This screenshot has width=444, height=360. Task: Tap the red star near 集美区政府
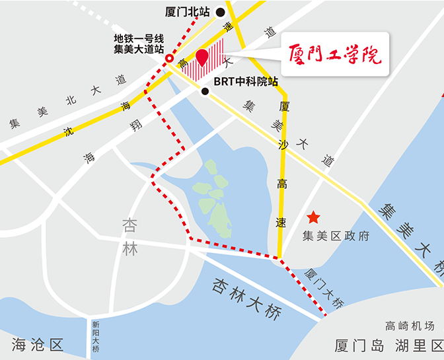click(x=313, y=217)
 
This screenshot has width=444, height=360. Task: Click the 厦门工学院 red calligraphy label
click(x=336, y=54)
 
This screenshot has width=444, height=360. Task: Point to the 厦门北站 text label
click(x=188, y=11)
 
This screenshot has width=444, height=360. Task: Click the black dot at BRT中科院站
click(x=205, y=92)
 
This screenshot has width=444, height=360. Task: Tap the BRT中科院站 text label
click(x=246, y=84)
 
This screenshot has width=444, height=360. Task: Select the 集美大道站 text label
click(x=139, y=49)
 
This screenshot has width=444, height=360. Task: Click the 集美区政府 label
click(x=336, y=236)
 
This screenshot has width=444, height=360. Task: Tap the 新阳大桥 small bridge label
click(x=96, y=336)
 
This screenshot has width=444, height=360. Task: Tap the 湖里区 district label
click(x=419, y=345)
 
